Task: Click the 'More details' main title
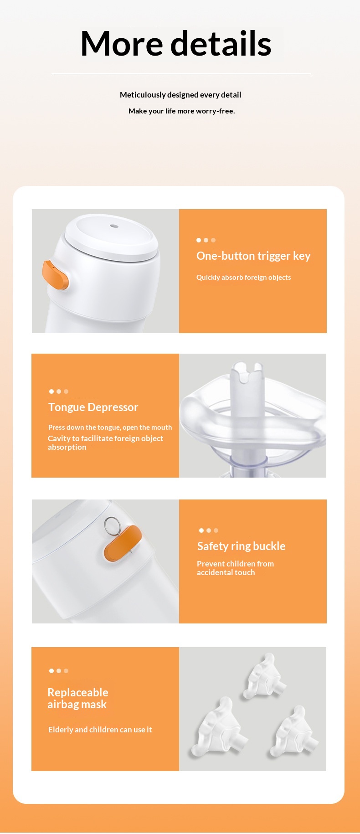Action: (176, 44)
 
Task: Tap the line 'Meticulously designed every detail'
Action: (180, 95)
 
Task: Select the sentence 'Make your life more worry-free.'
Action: (182, 111)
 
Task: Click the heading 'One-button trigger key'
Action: (253, 256)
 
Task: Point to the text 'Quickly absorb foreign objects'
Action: (243, 277)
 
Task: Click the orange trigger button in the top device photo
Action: (55, 275)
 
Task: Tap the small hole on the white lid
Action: (114, 226)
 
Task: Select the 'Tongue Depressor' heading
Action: (93, 407)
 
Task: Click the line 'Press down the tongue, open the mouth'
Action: (110, 427)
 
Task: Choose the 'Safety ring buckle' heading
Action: (241, 546)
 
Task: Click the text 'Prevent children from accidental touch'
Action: (235, 568)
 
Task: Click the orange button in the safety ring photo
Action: (123, 543)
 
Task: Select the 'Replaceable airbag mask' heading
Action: (77, 698)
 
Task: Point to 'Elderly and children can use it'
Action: (100, 729)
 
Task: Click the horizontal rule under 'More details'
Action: (181, 74)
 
